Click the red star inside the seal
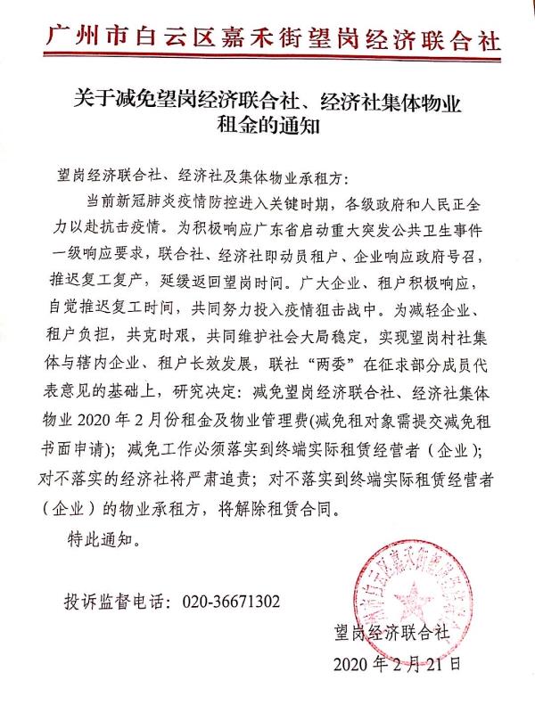point(413,595)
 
